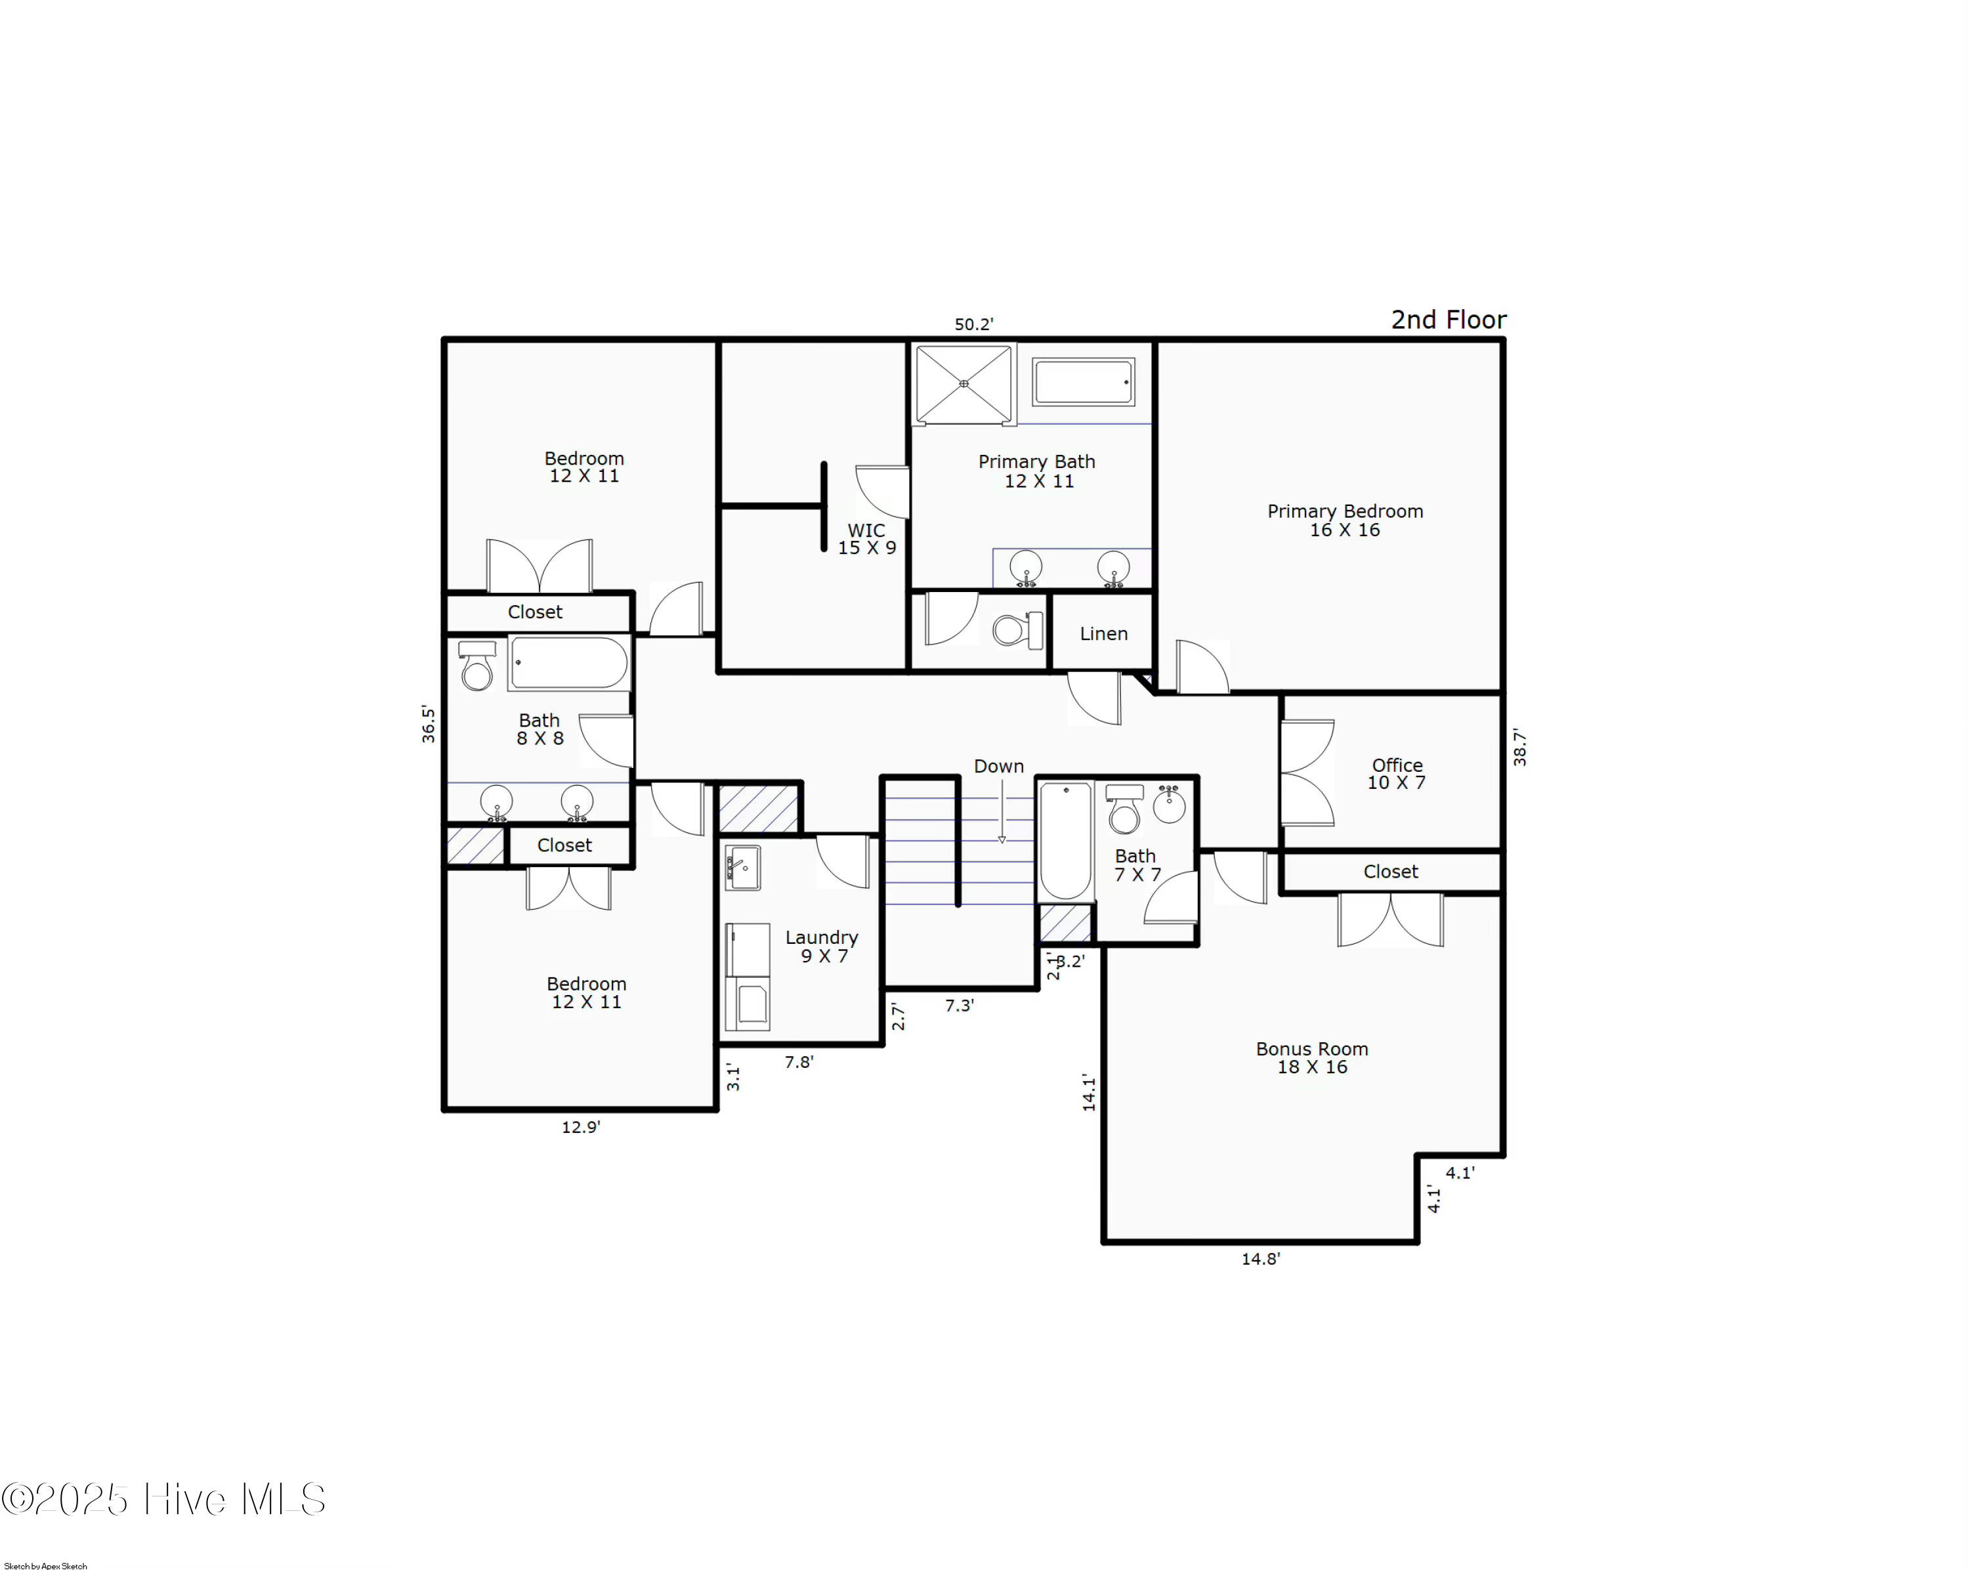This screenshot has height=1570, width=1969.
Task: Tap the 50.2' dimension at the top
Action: tap(973, 324)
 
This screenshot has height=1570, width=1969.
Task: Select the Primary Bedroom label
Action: tap(1344, 520)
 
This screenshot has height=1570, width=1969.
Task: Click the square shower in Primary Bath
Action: tap(963, 383)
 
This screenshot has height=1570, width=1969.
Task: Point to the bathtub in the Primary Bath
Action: tap(1083, 382)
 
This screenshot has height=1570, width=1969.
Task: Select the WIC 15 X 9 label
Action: tap(867, 539)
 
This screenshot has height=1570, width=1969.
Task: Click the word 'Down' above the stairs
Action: tap(998, 766)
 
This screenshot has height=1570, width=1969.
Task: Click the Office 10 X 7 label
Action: tap(1397, 774)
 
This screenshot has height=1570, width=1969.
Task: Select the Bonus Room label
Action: tap(1311, 1057)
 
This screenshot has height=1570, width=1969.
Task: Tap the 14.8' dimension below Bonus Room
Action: tap(1260, 1258)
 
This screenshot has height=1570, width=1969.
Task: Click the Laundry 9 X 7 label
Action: tap(822, 946)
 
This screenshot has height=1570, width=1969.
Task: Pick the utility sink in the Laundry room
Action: tap(742, 868)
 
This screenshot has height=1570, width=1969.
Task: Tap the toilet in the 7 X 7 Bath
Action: tap(1124, 809)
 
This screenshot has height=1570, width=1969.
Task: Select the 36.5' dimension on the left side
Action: tap(429, 723)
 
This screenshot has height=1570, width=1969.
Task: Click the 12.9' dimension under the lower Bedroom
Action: tap(581, 1127)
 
